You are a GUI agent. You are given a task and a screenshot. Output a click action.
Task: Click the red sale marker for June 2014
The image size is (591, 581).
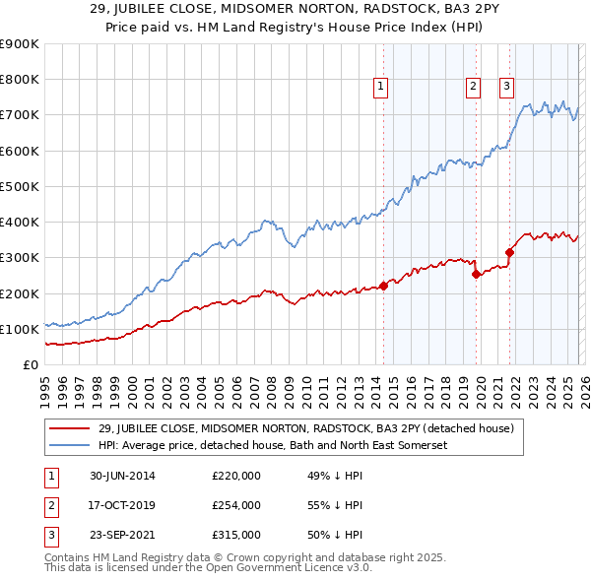(383, 286)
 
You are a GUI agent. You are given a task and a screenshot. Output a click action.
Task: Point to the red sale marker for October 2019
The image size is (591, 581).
(476, 274)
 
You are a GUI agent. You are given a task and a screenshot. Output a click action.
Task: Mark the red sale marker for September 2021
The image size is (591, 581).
(509, 252)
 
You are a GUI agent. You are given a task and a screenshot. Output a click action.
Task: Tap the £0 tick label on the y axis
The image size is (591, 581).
(30, 364)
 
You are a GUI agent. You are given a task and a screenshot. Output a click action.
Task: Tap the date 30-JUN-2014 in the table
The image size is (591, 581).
(123, 476)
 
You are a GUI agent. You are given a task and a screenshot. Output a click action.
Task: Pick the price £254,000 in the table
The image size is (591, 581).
(236, 505)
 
